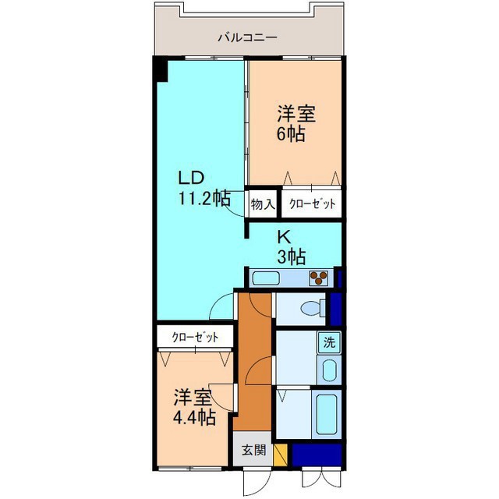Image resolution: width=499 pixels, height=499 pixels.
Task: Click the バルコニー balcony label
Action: pos(248,37)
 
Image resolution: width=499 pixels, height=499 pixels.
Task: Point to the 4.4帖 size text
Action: pos(194,417)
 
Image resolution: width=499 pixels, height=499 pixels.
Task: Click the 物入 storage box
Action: pos(262,203)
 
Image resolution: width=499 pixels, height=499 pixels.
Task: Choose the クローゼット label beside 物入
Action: pos(312,203)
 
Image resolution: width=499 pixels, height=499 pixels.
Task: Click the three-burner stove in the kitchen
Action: pos(318,277)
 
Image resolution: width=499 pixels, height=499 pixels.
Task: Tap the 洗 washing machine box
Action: pos(329,342)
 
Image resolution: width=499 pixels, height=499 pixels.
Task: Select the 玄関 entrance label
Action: pos(252,450)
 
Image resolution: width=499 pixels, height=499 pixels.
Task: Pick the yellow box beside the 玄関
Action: pos(280,454)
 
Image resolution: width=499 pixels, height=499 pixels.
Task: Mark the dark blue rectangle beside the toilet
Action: pos(336,309)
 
